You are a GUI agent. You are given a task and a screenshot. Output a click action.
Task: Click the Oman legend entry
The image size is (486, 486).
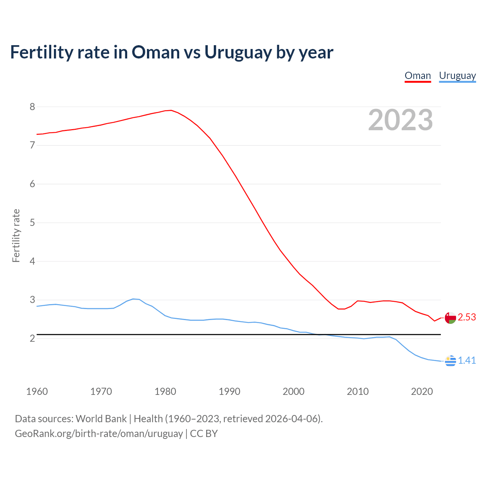(418, 76)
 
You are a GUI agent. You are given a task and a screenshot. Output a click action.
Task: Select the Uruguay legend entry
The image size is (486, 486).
(457, 76)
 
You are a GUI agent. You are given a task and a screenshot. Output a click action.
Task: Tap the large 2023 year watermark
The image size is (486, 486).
(401, 120)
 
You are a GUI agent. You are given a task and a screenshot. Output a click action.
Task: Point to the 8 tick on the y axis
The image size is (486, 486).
(32, 107)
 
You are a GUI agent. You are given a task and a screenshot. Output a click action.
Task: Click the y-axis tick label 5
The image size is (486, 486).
(32, 222)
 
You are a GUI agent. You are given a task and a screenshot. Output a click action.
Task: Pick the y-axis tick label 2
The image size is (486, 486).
(32, 338)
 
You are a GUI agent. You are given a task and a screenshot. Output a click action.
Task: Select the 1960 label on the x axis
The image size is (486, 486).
(37, 391)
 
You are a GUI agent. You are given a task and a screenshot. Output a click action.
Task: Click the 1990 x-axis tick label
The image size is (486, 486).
(229, 391)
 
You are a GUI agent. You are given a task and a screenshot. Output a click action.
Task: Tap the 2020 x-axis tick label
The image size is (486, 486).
(422, 391)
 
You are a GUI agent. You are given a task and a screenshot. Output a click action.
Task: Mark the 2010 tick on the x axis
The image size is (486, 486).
(358, 391)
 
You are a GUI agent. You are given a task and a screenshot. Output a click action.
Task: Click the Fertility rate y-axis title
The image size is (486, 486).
(16, 235)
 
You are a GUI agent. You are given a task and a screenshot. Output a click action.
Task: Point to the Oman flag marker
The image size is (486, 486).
(450, 318)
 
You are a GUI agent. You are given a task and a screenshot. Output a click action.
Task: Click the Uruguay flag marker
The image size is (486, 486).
(450, 361)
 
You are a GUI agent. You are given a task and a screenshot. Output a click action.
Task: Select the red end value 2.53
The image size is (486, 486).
(467, 317)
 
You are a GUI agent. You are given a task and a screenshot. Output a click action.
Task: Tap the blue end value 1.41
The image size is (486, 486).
(467, 361)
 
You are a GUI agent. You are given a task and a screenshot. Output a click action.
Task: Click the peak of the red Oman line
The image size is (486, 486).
(171, 110)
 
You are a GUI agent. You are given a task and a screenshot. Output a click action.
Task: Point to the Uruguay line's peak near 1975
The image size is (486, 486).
(133, 299)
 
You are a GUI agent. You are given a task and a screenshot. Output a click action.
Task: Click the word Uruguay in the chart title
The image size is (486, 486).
(238, 52)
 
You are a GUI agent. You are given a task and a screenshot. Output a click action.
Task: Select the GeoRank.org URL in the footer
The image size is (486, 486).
(99, 434)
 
